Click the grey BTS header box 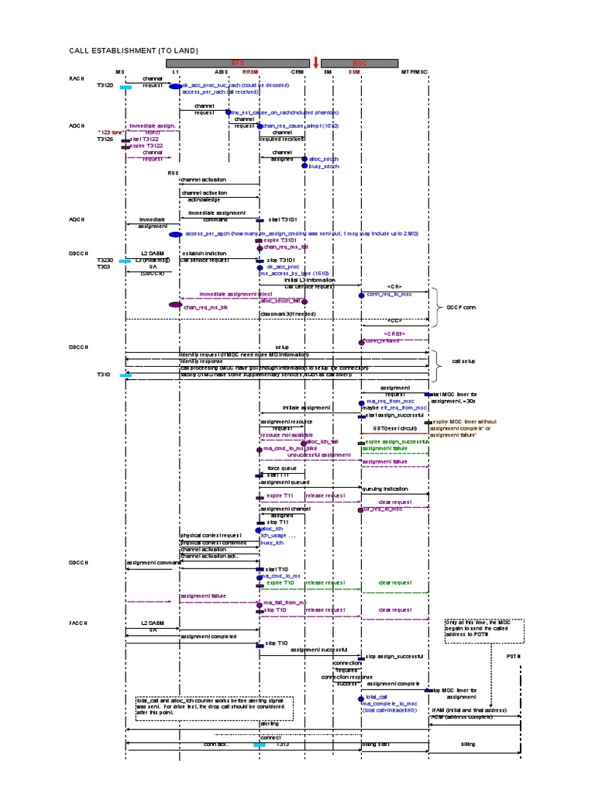[x=237, y=61]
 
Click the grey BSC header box [x=359, y=61]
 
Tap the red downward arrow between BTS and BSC [x=315, y=61]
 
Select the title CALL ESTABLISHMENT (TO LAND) [x=134, y=50]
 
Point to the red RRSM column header [x=260, y=71]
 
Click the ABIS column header [x=222, y=71]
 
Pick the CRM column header [x=297, y=71]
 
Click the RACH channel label [x=76, y=79]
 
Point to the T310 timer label [x=104, y=374]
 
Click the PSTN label [x=514, y=656]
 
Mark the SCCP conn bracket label [x=463, y=307]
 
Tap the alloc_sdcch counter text [x=324, y=157]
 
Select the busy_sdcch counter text [x=324, y=166]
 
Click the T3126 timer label [x=105, y=140]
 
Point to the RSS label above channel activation [x=174, y=173]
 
